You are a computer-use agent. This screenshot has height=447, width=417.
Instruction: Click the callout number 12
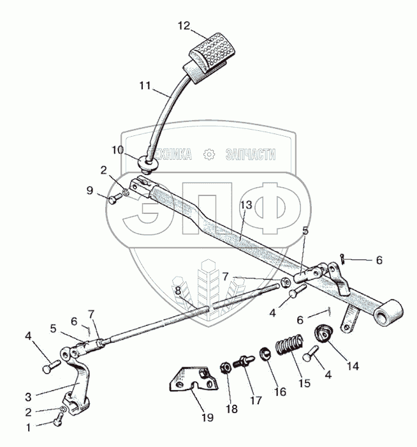pos(184,26)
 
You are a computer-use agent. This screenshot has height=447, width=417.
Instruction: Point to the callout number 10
pos(117,149)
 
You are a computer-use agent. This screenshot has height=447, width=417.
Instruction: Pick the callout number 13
pos(245,206)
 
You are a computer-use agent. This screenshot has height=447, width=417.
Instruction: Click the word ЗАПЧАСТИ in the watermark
pos(250,154)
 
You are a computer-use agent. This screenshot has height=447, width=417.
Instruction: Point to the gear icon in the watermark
pos(208,154)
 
